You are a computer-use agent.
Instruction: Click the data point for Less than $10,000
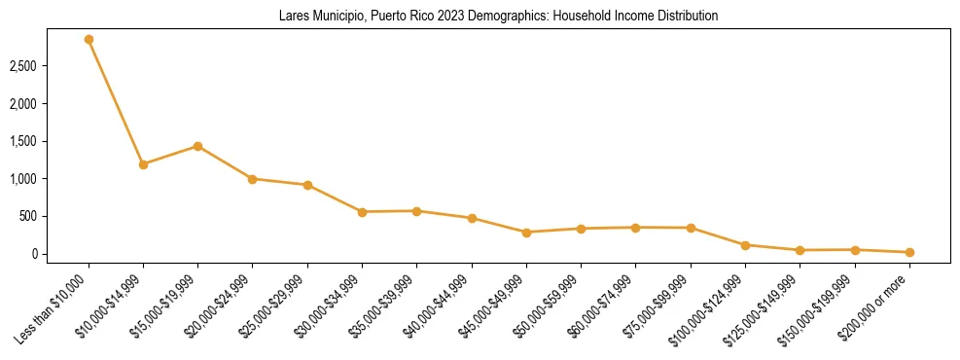pos(89,40)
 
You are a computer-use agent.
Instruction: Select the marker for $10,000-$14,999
pos(143,164)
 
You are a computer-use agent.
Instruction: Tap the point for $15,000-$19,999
pos(197,146)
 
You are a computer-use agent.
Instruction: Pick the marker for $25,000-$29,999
pos(307,185)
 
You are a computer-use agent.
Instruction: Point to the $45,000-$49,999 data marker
pos(526,233)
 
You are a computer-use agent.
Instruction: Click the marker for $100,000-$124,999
pos(745,245)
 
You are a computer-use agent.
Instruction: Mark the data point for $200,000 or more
pos(909,252)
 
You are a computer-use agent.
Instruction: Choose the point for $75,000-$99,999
pos(691,228)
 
